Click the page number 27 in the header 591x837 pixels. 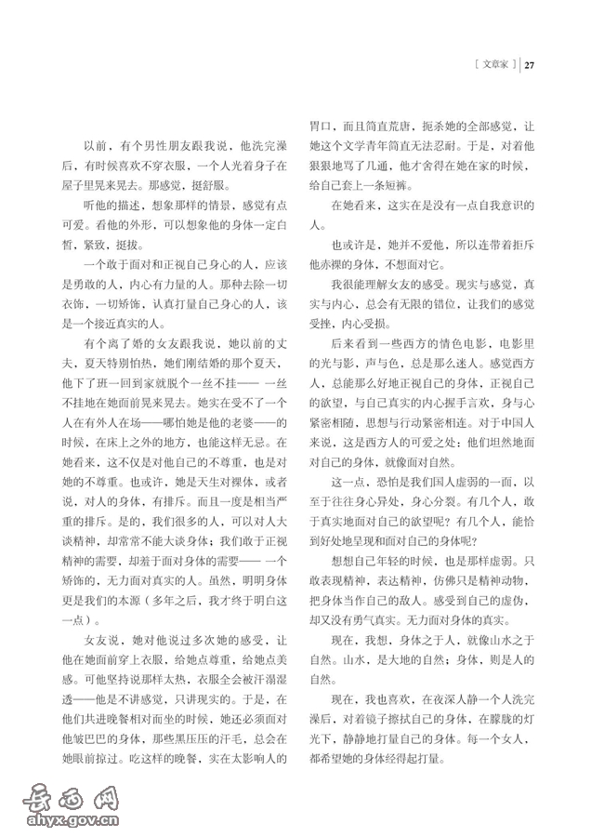click(x=531, y=65)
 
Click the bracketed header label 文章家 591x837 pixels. click(x=493, y=65)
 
